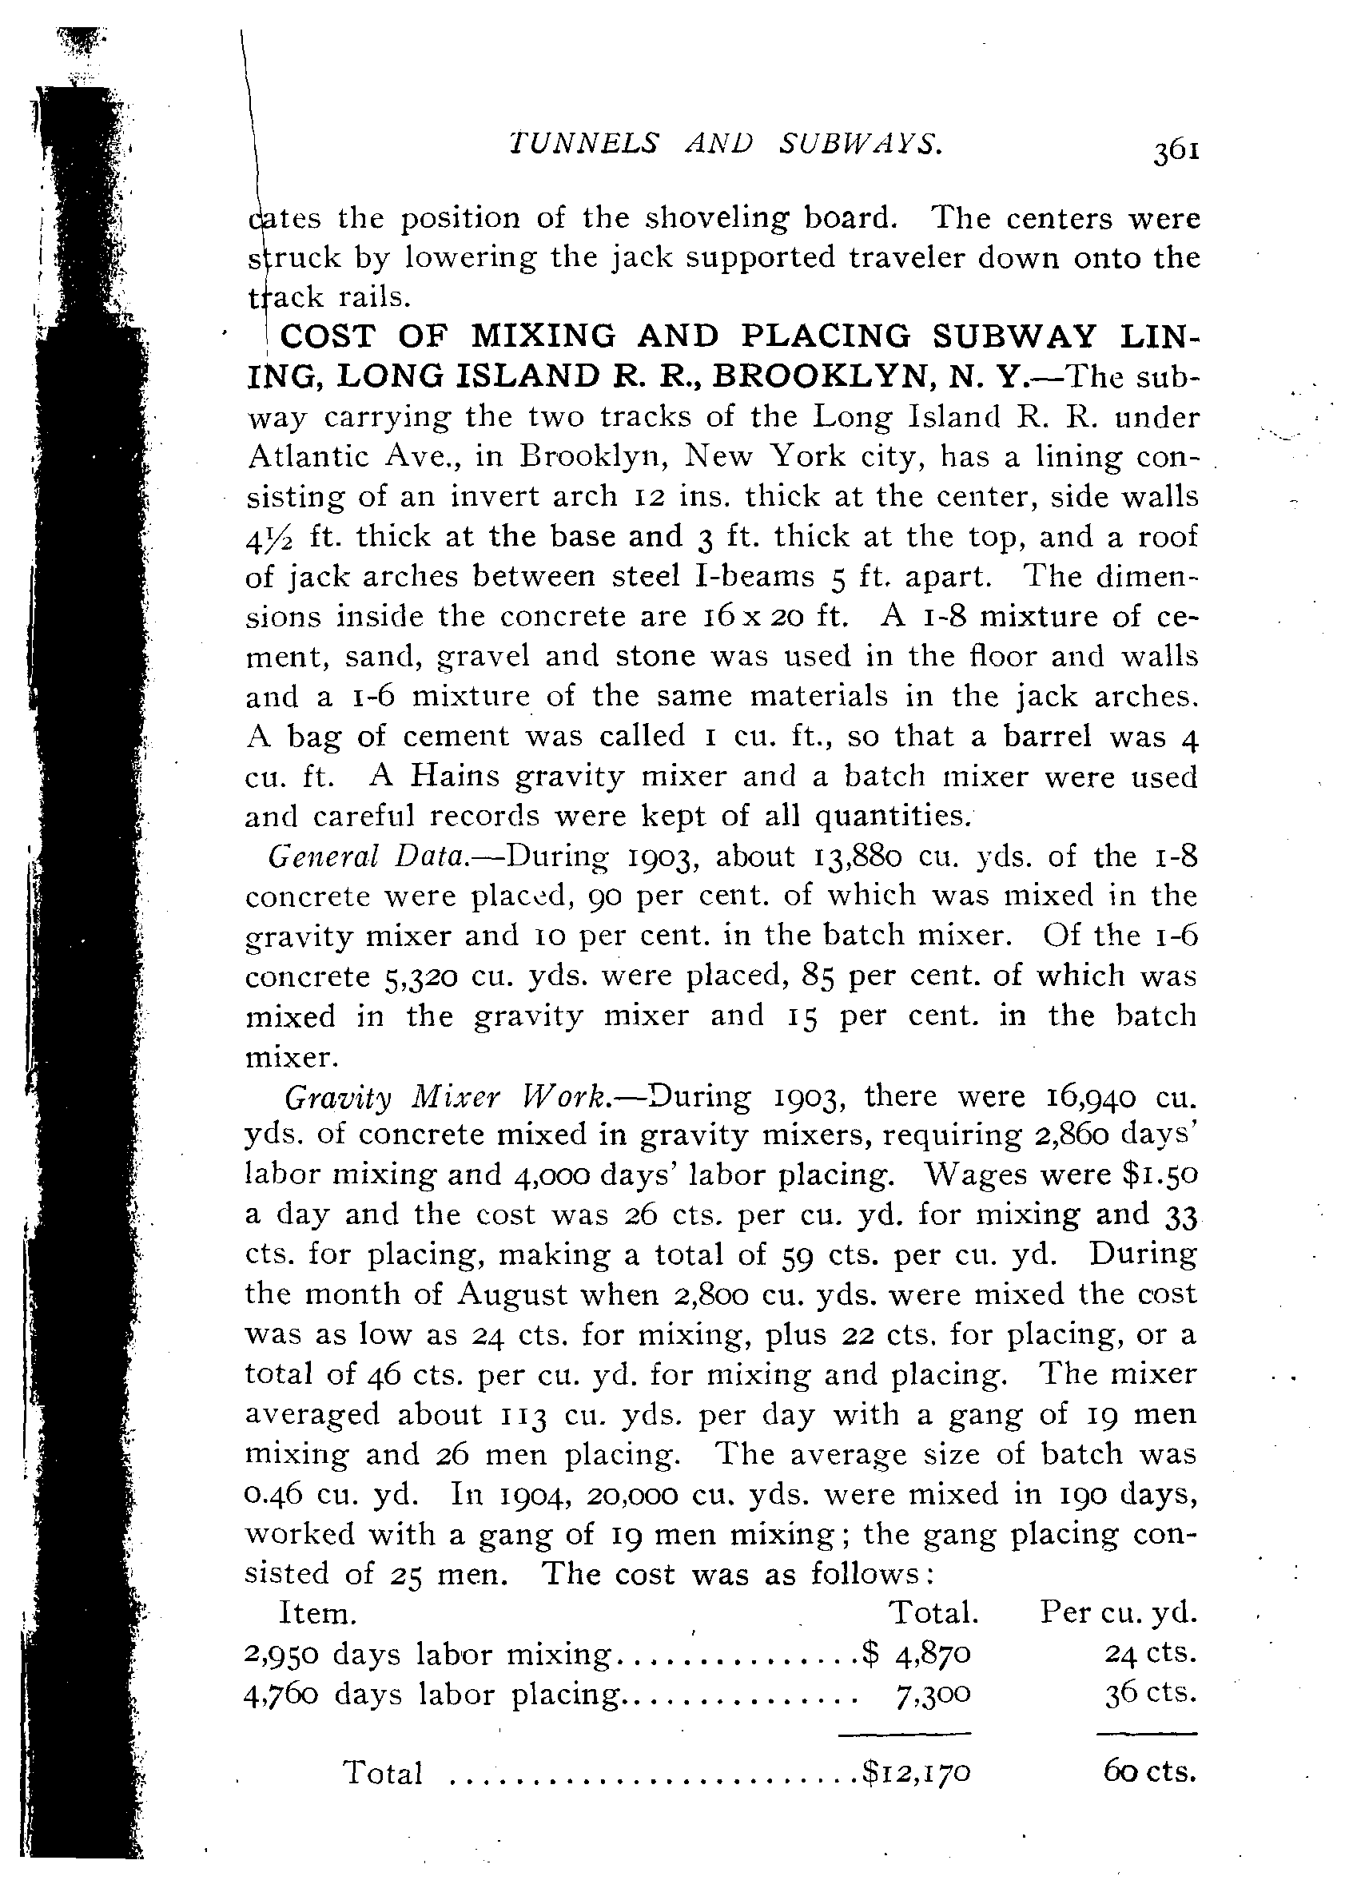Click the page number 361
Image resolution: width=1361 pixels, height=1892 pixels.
(1176, 152)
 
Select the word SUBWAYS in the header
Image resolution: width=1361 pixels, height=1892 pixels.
(861, 145)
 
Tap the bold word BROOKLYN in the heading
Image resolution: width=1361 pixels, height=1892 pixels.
(820, 376)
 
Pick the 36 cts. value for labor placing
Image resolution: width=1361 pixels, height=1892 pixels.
(1151, 1694)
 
